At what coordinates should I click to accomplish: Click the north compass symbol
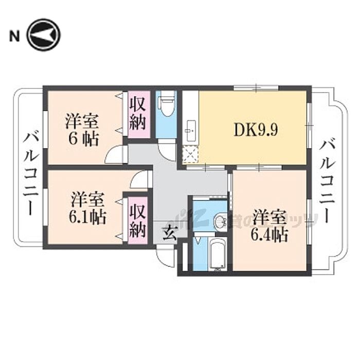(44, 35)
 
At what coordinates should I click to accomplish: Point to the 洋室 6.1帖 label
(88, 208)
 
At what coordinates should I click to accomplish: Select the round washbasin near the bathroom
(220, 222)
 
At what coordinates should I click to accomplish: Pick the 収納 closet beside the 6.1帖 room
(137, 221)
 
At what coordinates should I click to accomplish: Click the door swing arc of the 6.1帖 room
(139, 180)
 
